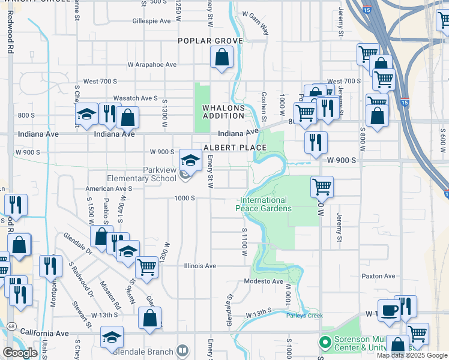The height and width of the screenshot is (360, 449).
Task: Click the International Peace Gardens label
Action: (264, 204)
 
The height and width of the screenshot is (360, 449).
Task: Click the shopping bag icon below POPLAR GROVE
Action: (222, 58)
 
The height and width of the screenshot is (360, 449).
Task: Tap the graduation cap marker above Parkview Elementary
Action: (191, 160)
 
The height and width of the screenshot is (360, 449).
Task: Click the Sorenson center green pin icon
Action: (325, 343)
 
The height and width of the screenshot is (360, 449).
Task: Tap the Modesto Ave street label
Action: (264, 281)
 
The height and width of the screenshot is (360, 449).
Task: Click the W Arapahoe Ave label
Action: (152, 65)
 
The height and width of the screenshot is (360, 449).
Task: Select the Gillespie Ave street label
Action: (152, 20)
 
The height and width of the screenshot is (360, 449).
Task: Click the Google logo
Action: (20, 353)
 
